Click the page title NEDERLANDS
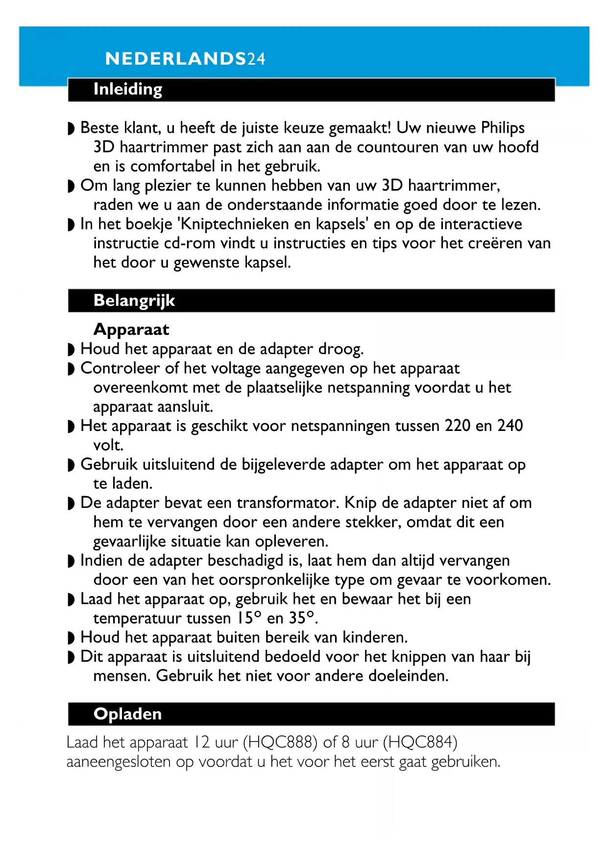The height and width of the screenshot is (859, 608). pos(175,59)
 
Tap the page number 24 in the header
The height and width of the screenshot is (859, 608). pos(256,59)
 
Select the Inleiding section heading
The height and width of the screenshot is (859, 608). pos(127,89)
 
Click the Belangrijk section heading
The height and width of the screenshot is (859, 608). pos(134,300)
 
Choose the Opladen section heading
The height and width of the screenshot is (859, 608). pos(127,714)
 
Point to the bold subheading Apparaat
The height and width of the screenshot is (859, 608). pos(131,329)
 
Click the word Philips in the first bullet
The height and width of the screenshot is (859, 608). pos(503,128)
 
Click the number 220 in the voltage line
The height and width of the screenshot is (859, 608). pos(458,426)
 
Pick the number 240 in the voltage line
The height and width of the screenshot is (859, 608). pos(510,426)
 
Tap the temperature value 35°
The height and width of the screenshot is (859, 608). pos(301,618)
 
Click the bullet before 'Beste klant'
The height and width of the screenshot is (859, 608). pos(71,129)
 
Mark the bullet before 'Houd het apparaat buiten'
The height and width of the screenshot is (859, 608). pos(71,638)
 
